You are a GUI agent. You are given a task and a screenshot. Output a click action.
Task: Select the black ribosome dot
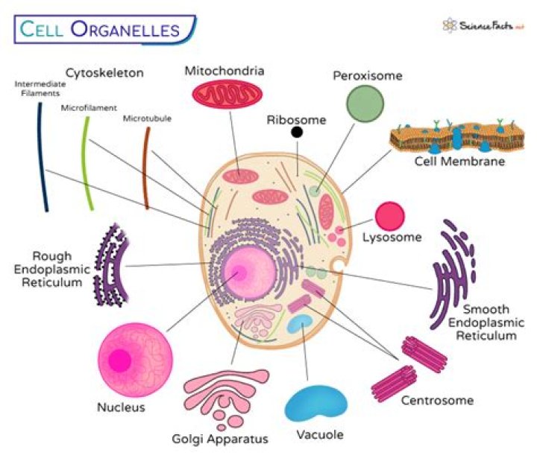click(297, 133)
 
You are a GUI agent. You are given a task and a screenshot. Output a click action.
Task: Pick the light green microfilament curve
click(88, 163)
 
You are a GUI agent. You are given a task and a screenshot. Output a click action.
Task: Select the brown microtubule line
click(146, 168)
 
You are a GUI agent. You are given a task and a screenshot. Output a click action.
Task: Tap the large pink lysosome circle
click(389, 216)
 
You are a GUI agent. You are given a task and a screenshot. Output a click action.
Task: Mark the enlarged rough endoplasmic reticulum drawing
click(110, 264)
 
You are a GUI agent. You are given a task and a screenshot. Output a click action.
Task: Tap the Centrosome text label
click(437, 401)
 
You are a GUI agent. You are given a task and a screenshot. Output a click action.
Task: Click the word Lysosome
click(392, 238)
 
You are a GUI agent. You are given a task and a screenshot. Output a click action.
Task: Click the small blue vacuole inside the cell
click(301, 323)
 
